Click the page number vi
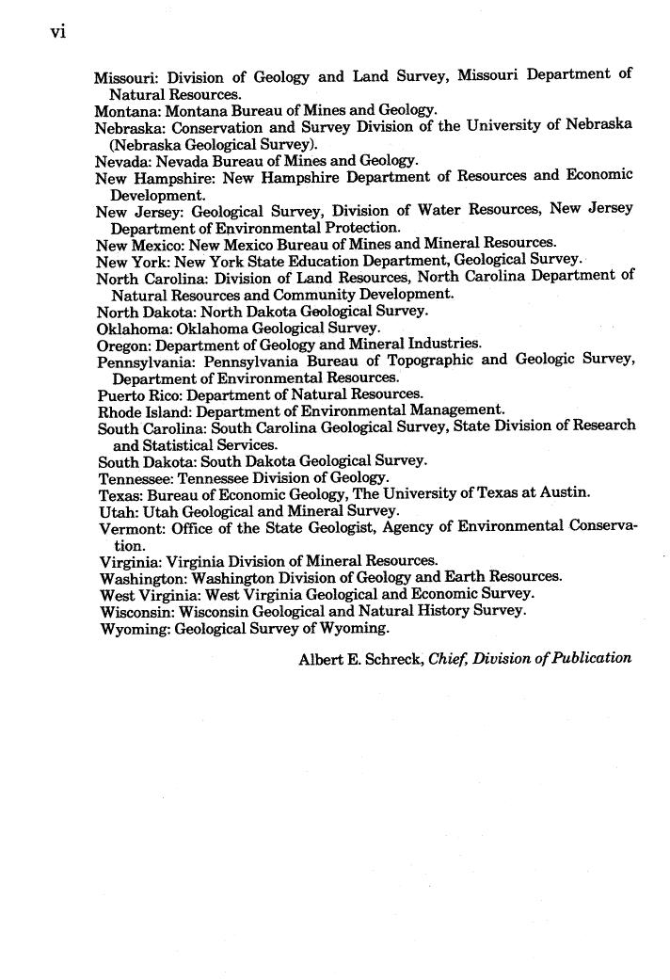[x=59, y=32]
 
